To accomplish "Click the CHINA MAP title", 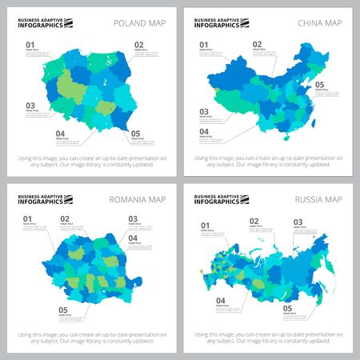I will [x=319, y=22].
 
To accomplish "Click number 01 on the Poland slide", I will [x=30, y=44].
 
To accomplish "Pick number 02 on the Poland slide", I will [x=138, y=44].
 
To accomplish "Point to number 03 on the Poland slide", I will [x=30, y=106].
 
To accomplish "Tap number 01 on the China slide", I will [x=204, y=45].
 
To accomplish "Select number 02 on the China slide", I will [x=258, y=45].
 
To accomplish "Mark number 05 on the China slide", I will [x=320, y=84].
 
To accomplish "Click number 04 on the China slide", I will [x=204, y=131].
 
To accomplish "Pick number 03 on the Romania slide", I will [x=133, y=218].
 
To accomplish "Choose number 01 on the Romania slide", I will [x=28, y=218].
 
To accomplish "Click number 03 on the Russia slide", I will [x=298, y=222].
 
